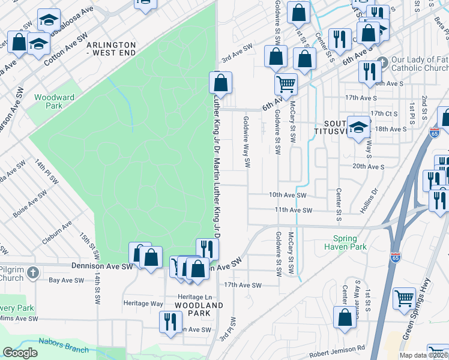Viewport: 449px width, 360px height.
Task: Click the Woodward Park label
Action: tap(54, 101)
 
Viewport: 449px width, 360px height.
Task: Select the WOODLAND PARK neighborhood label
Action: tap(199, 309)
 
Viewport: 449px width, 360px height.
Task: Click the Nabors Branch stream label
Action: tap(63, 345)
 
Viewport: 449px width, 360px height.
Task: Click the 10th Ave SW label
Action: tap(288, 195)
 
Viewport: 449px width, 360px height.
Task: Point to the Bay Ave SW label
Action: tap(66, 280)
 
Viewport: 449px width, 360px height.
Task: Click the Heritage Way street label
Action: tap(143, 304)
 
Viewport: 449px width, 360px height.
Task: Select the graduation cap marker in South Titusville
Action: tap(358, 127)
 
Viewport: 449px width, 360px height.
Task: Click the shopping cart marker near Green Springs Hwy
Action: tap(404, 298)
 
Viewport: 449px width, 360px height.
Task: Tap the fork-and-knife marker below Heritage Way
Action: tap(167, 322)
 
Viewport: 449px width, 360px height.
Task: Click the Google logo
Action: tap(20, 353)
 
